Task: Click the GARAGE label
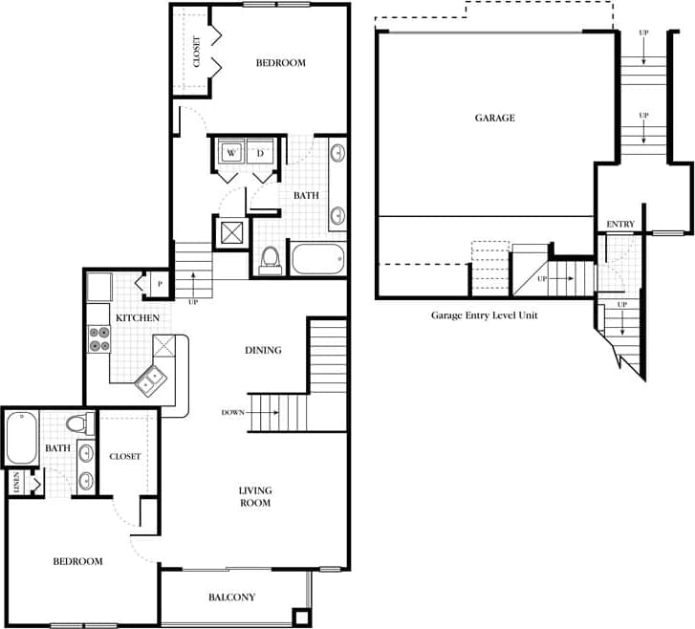[494, 118]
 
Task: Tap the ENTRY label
[620, 224]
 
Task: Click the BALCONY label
[231, 597]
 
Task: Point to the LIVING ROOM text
[254, 496]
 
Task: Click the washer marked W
[231, 152]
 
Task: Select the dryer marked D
[260, 152]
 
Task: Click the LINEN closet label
[16, 483]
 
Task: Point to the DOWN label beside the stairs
[232, 412]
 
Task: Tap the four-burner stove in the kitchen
[98, 338]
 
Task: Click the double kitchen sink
[151, 382]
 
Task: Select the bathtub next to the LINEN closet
[22, 438]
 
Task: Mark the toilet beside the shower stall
[270, 258]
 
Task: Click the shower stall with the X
[232, 232]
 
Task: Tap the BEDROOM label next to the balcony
[77, 561]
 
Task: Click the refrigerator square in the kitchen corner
[99, 286]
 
